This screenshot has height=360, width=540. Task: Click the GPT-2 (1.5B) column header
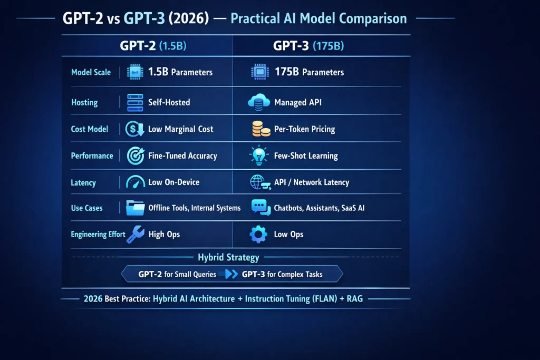coord(153,46)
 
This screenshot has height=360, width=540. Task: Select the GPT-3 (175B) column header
coord(308,46)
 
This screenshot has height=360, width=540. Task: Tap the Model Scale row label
coord(91,72)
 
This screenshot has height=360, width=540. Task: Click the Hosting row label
coord(84,102)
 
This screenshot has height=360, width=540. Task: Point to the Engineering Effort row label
coord(98,234)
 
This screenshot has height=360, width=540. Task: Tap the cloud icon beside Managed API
coord(259,102)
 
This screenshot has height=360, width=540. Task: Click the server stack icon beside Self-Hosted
coord(136,102)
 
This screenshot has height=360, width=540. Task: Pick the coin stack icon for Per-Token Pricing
coord(258,129)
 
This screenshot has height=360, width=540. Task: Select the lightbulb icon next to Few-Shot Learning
coord(258,155)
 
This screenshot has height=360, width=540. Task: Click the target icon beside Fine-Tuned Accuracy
coord(136,155)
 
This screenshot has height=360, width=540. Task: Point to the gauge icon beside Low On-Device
coord(136,182)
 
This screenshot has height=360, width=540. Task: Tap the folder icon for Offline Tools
coord(136,208)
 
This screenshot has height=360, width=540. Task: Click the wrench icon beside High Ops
coord(136,235)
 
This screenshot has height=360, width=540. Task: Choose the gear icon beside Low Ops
coord(258,235)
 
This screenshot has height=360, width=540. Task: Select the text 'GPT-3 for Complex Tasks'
coord(282,274)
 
